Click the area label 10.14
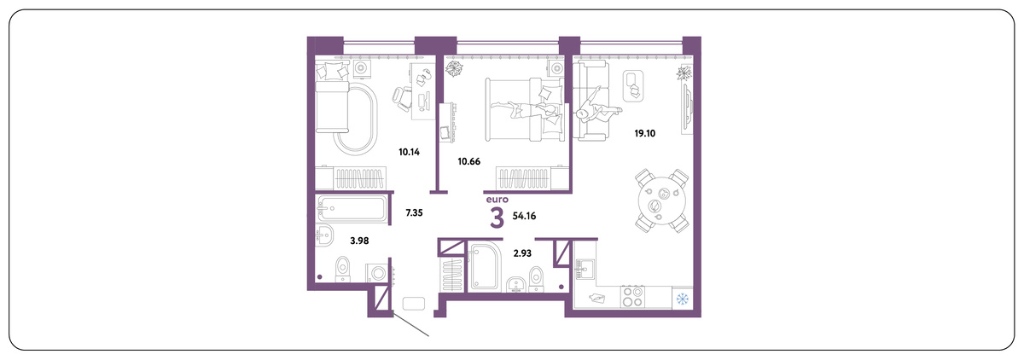click(409, 152)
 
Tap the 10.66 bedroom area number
click(469, 161)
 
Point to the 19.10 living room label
click(644, 133)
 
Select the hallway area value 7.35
click(414, 212)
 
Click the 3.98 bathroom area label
click(359, 241)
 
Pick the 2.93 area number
click(522, 253)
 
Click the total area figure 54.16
click(524, 216)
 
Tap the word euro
click(497, 200)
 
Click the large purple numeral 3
click(497, 218)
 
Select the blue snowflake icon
click(683, 299)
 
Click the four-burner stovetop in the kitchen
click(632, 297)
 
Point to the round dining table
click(662, 200)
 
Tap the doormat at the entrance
click(414, 304)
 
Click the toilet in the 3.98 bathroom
click(342, 269)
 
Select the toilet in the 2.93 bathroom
click(536, 278)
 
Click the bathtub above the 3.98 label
click(352, 209)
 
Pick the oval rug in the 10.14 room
click(356, 119)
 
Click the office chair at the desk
click(401, 98)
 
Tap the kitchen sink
click(585, 268)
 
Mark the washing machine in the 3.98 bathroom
click(377, 273)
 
